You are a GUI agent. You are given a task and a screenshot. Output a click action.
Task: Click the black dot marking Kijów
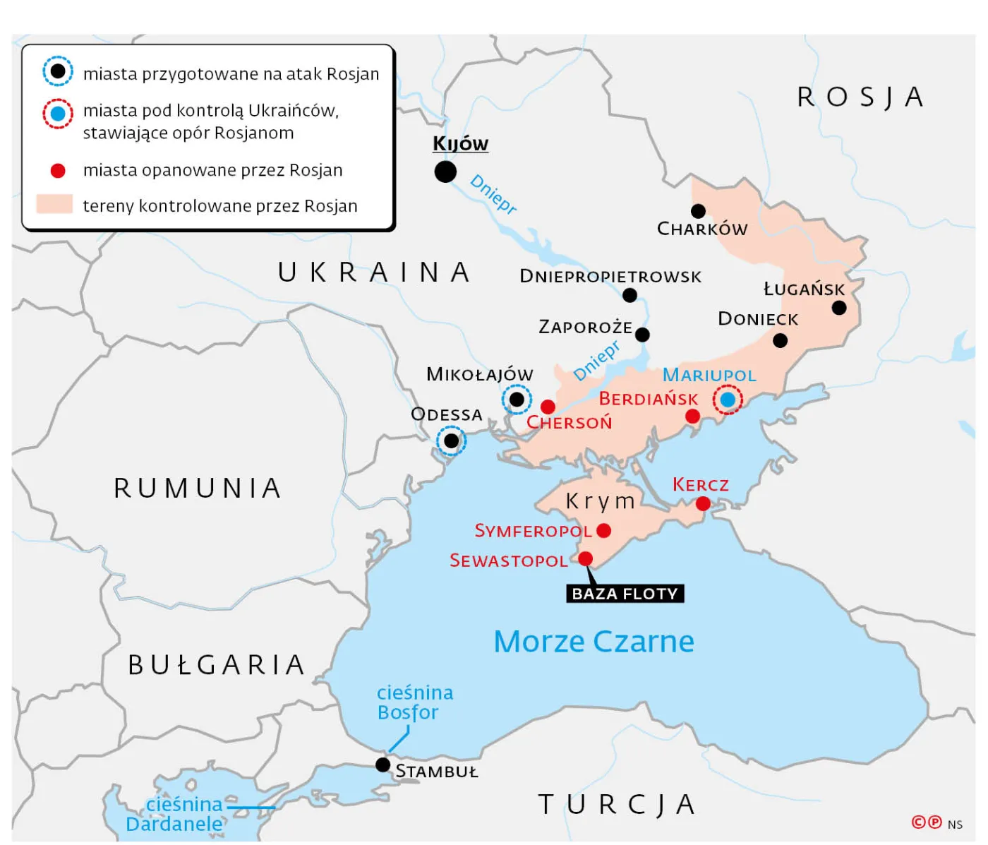(x=445, y=172)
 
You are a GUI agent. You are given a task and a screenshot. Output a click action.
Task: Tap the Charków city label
(x=701, y=229)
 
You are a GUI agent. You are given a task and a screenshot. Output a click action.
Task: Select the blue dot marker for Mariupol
(x=728, y=400)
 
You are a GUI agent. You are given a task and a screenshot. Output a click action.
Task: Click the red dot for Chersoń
(x=548, y=407)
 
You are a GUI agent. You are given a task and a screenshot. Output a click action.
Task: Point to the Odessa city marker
(x=451, y=441)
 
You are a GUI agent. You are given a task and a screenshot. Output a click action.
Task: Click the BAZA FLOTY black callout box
(x=625, y=594)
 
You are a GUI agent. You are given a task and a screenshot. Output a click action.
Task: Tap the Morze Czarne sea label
(x=594, y=642)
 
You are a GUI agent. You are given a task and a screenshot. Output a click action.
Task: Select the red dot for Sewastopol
(x=586, y=559)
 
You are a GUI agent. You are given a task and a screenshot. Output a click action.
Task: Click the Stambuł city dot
(x=382, y=765)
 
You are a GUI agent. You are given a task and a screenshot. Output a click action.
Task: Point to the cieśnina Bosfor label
(x=414, y=702)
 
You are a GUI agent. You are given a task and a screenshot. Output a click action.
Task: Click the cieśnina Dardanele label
(x=175, y=814)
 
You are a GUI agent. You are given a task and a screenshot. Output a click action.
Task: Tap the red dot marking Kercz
(x=703, y=503)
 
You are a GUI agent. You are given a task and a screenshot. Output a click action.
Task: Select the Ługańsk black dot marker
(x=839, y=308)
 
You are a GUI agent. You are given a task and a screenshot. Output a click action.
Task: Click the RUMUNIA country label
(x=198, y=488)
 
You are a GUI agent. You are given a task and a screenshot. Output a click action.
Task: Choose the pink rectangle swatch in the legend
(x=54, y=205)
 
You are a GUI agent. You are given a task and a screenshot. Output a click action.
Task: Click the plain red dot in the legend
(x=58, y=171)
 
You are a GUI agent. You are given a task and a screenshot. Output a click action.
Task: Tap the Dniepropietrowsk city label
(x=610, y=276)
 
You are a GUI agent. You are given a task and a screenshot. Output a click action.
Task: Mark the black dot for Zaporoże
(x=642, y=335)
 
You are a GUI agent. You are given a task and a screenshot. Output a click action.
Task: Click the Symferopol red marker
(x=603, y=530)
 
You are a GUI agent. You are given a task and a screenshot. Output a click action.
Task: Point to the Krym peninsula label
(x=601, y=501)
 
